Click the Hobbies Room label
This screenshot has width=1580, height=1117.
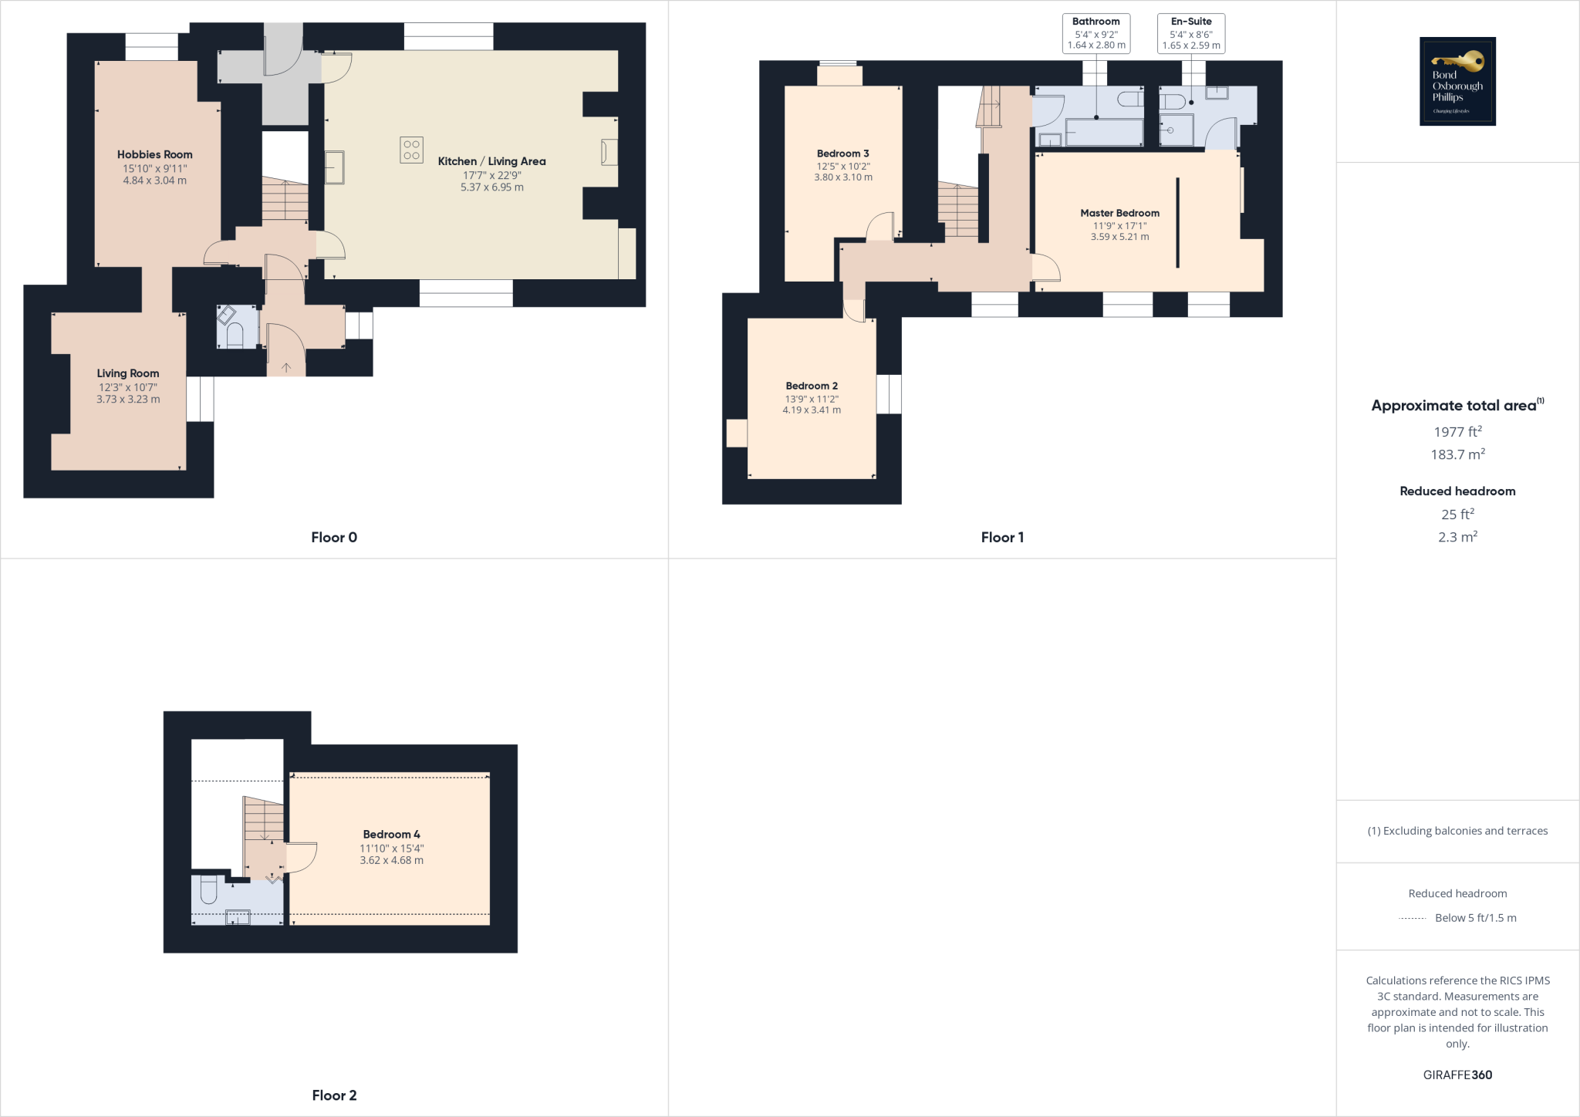[x=154, y=155]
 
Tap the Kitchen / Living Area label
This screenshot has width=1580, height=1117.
[x=491, y=161]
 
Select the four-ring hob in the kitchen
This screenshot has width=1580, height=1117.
[x=411, y=150]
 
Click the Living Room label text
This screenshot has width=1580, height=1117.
[x=128, y=373]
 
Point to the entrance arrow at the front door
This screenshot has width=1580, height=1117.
[x=286, y=368]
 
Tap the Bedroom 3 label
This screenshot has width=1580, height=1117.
[x=842, y=154]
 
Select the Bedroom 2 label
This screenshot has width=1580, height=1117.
[x=812, y=386]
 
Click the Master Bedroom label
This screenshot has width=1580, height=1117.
[x=1119, y=213]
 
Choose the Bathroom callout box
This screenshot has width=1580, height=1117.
[x=1096, y=33]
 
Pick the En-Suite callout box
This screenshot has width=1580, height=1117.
[x=1191, y=33]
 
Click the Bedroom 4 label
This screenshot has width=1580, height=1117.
[x=391, y=834]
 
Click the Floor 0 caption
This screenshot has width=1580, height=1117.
[x=334, y=538]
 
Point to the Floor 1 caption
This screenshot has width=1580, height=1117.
[x=1002, y=538]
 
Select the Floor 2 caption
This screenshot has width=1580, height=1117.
[x=334, y=1095]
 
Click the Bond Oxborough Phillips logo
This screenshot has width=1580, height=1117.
[x=1457, y=81]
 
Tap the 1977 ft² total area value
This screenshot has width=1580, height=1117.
[x=1457, y=432]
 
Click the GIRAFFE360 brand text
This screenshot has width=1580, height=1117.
[x=1457, y=1075]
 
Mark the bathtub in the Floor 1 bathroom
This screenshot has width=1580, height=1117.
[x=1104, y=132]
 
